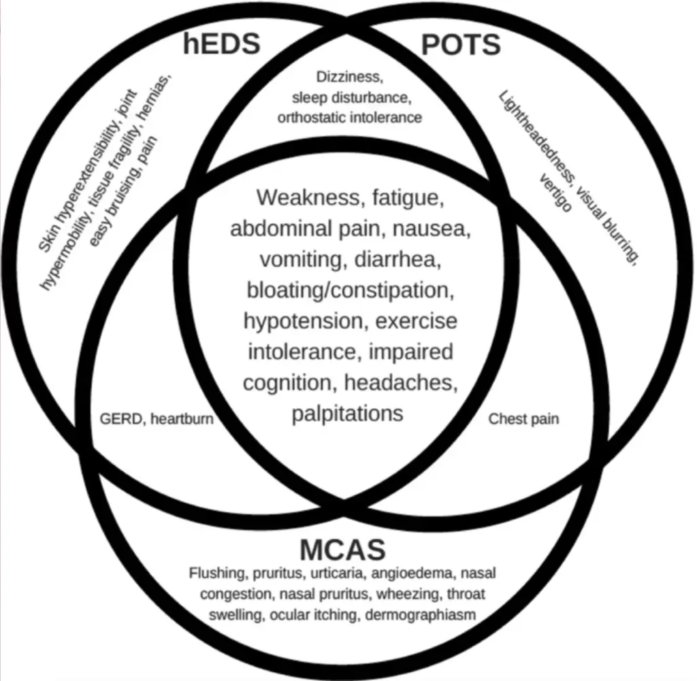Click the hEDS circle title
coord(221,44)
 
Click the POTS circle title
coord(461,45)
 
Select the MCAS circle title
coord(343,549)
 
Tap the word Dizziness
coord(349,77)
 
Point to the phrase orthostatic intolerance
coord(349,118)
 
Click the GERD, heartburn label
coord(157,419)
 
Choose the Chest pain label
coord(523,419)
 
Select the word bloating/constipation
coord(351,290)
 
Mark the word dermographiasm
coord(420,615)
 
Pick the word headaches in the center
coord(401,383)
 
